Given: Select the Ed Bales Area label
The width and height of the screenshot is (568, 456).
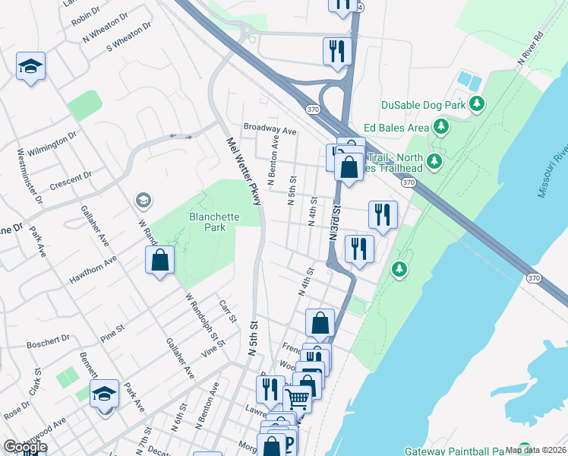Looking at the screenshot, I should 396,128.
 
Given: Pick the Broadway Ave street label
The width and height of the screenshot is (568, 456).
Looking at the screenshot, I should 270,130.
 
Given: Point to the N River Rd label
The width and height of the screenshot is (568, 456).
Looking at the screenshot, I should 530,47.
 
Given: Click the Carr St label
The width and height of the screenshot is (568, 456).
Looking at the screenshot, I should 228,312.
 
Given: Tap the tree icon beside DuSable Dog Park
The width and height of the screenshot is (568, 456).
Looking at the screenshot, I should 477,103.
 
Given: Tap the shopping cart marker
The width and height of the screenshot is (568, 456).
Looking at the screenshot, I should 298,397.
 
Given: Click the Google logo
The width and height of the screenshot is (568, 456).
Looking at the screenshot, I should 25,447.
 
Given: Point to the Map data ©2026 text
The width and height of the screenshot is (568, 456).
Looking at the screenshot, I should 535,450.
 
